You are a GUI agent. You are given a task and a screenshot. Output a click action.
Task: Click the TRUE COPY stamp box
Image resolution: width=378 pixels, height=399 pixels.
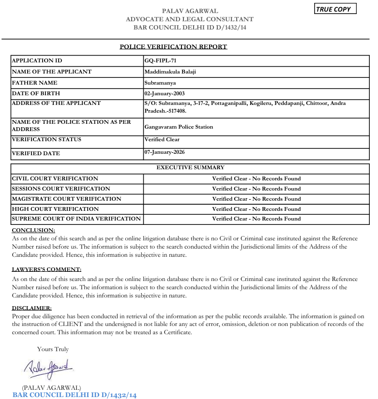[x=335, y=9]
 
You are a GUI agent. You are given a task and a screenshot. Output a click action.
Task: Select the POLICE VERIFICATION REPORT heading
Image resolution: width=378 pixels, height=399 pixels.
[x=173, y=47]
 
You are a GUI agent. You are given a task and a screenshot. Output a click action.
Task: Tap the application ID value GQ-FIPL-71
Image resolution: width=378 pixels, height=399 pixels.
[x=160, y=61]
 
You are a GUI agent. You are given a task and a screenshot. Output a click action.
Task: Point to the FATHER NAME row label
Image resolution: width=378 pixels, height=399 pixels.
[x=34, y=83]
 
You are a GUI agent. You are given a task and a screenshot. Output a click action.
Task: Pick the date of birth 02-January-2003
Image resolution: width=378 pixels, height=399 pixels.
[x=165, y=94]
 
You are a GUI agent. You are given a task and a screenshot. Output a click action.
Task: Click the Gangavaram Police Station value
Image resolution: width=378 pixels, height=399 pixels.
[x=179, y=127]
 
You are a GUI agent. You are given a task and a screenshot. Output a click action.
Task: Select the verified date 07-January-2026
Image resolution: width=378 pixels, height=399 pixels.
[x=165, y=152]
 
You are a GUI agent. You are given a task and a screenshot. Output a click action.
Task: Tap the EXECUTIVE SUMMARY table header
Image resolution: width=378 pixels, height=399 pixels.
[x=190, y=168]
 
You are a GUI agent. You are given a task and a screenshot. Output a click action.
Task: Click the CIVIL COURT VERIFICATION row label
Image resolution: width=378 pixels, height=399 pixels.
[x=55, y=179]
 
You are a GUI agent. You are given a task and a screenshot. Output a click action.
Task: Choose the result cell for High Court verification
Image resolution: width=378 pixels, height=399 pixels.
[x=256, y=209]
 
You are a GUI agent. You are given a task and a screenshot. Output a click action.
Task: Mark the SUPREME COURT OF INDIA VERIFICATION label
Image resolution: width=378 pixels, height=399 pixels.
[x=76, y=219]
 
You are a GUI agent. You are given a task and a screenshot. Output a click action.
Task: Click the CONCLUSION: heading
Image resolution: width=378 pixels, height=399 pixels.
[x=33, y=230]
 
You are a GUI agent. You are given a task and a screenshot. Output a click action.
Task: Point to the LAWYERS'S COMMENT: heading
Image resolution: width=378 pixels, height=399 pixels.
[x=46, y=269]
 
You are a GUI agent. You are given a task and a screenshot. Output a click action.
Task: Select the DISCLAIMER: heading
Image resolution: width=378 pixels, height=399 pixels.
[x=31, y=308]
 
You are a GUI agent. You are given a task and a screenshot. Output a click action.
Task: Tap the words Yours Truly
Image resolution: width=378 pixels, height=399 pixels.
[x=53, y=349]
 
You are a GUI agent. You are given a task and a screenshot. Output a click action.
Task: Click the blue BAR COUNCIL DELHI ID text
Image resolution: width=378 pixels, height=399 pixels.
[x=75, y=395]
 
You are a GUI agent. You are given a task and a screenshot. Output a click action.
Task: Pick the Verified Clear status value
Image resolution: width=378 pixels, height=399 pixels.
[x=162, y=140]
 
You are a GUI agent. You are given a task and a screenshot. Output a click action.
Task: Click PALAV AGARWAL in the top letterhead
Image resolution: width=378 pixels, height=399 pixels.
[x=190, y=11]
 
